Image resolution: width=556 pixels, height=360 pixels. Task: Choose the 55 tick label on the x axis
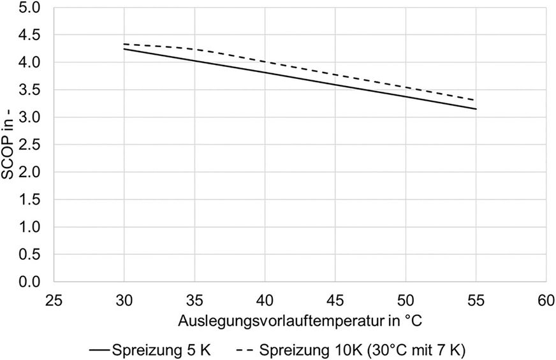tap(476, 299)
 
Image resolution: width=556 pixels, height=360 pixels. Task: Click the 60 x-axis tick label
tap(546, 299)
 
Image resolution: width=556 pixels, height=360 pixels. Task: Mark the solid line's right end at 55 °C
tap(476, 109)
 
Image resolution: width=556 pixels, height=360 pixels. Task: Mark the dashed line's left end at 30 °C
tap(124, 44)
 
